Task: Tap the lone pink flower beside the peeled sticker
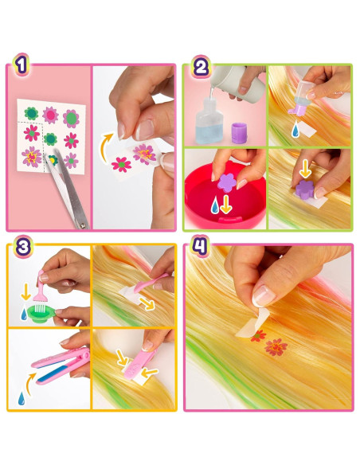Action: point(121,165)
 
